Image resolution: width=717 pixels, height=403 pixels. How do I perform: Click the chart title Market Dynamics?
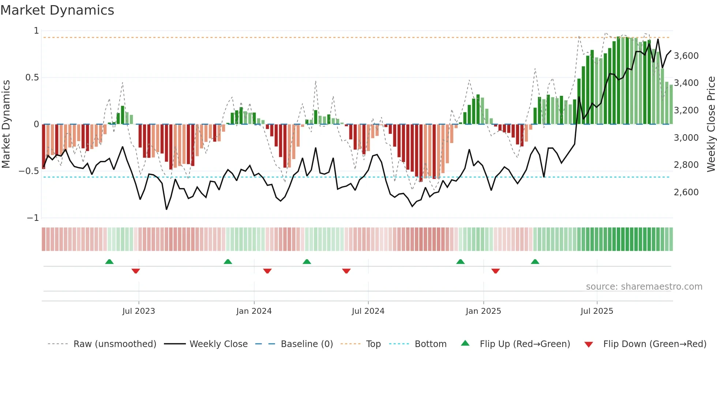point(57,10)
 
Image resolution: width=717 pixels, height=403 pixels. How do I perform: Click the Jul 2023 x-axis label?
point(139,311)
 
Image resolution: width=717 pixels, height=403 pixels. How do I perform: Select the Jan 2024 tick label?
point(254,311)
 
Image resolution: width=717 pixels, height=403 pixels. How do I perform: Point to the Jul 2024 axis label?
point(368,311)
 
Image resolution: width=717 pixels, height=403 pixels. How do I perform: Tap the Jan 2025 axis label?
point(483,311)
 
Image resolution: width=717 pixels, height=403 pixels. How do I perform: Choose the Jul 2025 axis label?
point(597,311)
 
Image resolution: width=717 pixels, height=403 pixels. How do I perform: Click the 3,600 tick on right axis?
point(686,56)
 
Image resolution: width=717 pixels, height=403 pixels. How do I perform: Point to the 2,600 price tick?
point(686,192)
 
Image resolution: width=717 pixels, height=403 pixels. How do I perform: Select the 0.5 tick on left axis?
point(32,78)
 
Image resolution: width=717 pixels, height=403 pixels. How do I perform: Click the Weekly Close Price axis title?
point(711,124)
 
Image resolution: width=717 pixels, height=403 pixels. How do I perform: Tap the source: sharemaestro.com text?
point(644,287)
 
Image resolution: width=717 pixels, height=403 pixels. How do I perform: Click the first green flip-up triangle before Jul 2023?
point(109,261)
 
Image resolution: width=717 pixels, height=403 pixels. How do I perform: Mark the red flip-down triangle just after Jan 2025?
point(496,271)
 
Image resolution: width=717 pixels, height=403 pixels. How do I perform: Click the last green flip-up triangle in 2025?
point(535,261)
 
